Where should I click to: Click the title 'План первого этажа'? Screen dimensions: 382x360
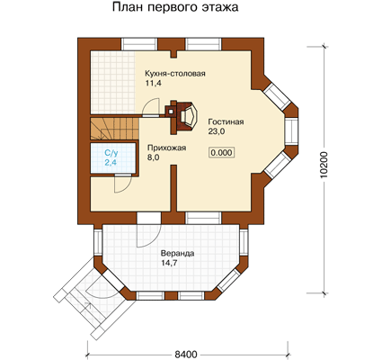(175, 7)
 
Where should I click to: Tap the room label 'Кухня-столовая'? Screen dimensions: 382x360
(175, 74)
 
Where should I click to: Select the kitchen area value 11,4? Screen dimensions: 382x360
(154, 83)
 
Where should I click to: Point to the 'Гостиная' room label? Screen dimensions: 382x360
(226, 121)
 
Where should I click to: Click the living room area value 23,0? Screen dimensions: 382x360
(217, 131)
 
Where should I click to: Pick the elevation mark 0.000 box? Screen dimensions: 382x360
(221, 152)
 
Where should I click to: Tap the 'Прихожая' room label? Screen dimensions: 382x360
(166, 148)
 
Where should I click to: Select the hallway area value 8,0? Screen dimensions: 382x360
(153, 157)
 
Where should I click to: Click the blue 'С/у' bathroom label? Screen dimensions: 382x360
(111, 153)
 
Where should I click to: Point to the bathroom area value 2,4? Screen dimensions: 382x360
(111, 163)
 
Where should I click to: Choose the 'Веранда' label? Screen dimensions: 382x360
(177, 254)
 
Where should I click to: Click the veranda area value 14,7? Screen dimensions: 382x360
(169, 263)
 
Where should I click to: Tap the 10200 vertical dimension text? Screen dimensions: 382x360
(325, 166)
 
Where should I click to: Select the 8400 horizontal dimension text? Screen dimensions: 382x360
(186, 355)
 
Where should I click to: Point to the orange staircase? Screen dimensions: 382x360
(115, 129)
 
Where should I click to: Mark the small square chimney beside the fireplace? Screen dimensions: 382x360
(170, 111)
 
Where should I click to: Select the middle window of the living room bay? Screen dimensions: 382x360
(291, 130)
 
